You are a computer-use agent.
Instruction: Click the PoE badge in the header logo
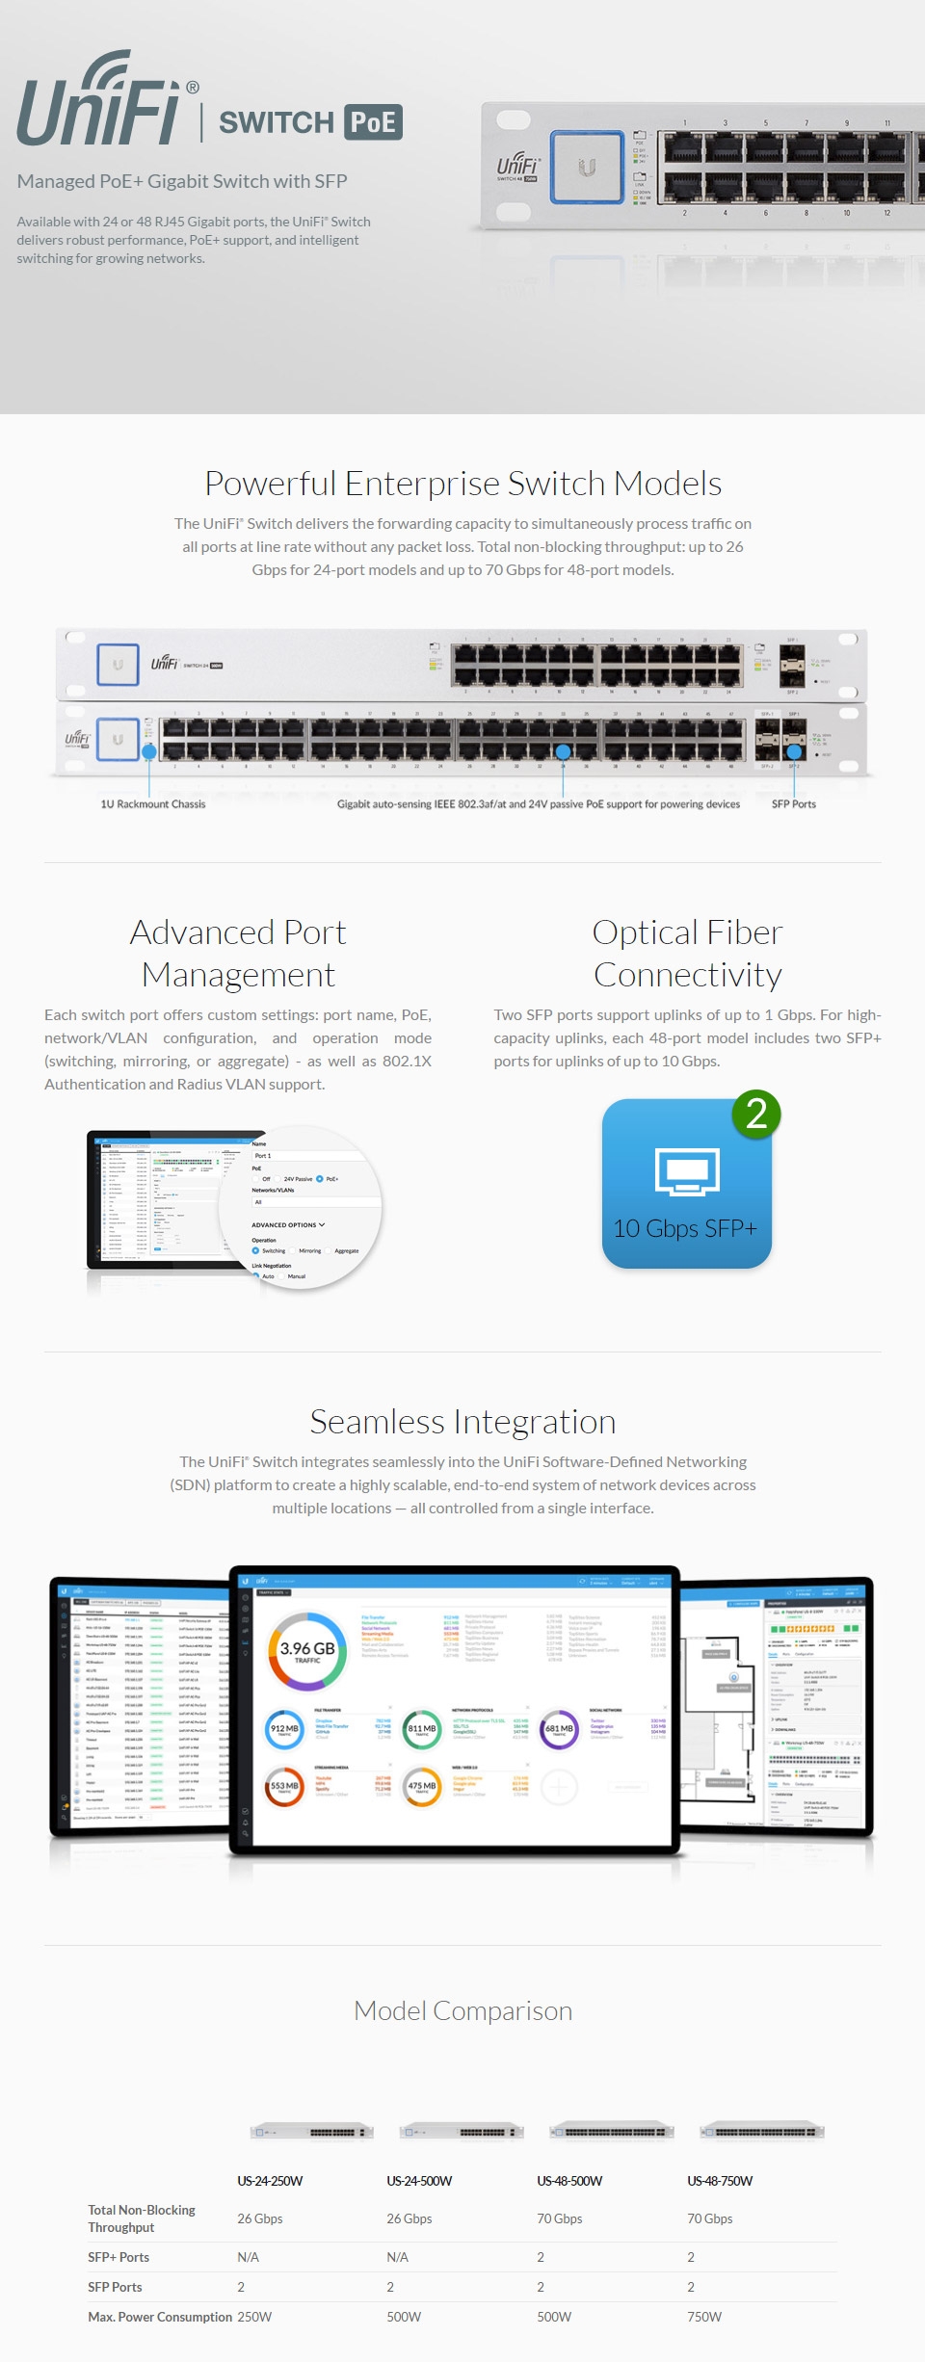coord(373,122)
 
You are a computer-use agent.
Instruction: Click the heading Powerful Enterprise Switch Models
coord(462,484)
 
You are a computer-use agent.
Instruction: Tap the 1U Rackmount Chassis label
coord(153,804)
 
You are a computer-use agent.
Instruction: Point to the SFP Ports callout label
coord(793,804)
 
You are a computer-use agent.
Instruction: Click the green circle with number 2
coord(756,1115)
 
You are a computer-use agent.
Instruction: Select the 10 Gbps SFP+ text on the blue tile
coord(685,1228)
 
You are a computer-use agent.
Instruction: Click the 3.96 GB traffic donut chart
coord(307,1651)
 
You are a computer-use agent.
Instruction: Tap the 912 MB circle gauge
coord(284,1729)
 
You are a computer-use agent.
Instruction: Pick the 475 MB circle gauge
coord(422,1786)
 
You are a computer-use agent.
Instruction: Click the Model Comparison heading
coord(462,2010)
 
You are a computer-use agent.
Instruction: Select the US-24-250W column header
coord(270,2181)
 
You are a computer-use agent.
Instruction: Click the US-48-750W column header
coord(720,2181)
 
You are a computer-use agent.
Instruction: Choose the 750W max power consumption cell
coord(704,2317)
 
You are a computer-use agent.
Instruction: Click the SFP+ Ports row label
coord(119,2257)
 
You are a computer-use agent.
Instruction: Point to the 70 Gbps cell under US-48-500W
coord(559,2218)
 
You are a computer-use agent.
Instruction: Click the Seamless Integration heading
coord(462,1422)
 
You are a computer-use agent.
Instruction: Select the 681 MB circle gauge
coord(559,1729)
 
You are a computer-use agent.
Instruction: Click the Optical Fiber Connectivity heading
coord(687,954)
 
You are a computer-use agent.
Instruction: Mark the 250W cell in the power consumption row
coord(254,2317)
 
